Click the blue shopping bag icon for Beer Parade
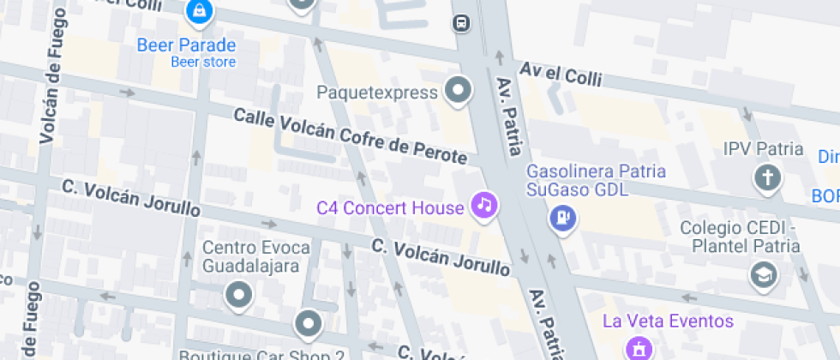pyautogui.click(x=199, y=11)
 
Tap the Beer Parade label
pyautogui.click(x=186, y=45)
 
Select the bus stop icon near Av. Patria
pyautogui.click(x=461, y=23)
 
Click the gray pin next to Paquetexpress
pyautogui.click(x=459, y=90)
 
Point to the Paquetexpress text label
pyautogui.click(x=377, y=92)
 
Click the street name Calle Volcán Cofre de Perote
pyautogui.click(x=351, y=136)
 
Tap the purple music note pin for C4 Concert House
pyautogui.click(x=484, y=205)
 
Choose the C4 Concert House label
pyautogui.click(x=390, y=207)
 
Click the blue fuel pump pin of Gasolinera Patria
pyautogui.click(x=562, y=217)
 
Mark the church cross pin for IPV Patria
pyautogui.click(x=766, y=177)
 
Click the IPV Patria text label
pyautogui.click(x=763, y=149)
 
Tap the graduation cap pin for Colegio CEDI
pyautogui.click(x=760, y=274)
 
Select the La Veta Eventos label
pyautogui.click(x=669, y=321)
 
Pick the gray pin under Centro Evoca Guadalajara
pyautogui.click(x=238, y=296)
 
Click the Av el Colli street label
pyautogui.click(x=561, y=75)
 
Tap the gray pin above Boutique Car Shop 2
pyautogui.click(x=307, y=324)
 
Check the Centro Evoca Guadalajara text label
pyautogui.click(x=255, y=256)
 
